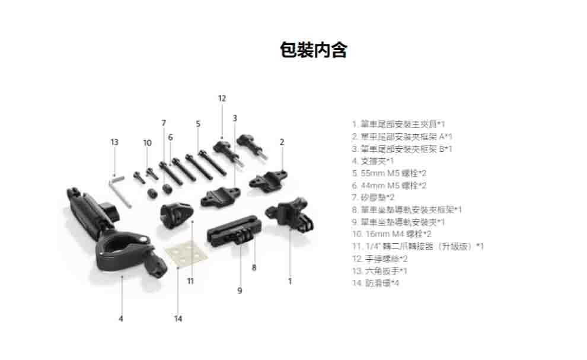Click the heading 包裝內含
pyautogui.click(x=313, y=50)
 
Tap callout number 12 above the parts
pyautogui.click(x=222, y=98)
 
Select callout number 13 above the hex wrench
pyautogui.click(x=114, y=142)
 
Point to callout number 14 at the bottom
pyautogui.click(x=178, y=318)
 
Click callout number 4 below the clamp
pyautogui.click(x=121, y=318)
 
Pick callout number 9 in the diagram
pyautogui.click(x=240, y=291)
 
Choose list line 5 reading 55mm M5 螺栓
pyautogui.click(x=389, y=173)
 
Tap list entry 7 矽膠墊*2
pyautogui.click(x=373, y=197)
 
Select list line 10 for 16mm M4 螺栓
pyautogui.click(x=391, y=234)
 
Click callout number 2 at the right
pyautogui.click(x=282, y=142)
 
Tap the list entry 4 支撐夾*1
pyautogui.click(x=373, y=161)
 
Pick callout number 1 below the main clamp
pyautogui.click(x=290, y=281)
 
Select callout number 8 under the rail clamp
pyautogui.click(x=254, y=268)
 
